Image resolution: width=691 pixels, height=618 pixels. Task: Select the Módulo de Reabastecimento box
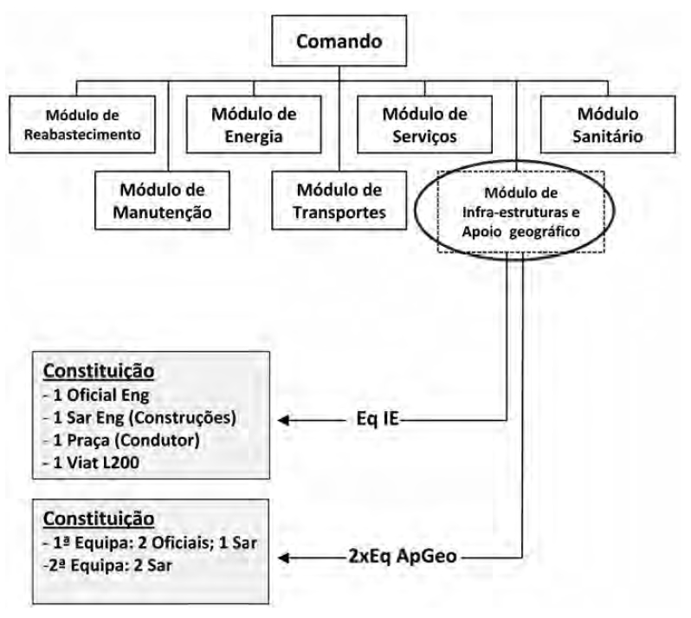pos(83,123)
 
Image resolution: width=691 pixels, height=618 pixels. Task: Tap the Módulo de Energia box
pos(255,123)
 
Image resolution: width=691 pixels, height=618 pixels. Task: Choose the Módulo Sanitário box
pos(604,123)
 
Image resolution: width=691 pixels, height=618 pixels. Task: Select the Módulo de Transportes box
pos(339,198)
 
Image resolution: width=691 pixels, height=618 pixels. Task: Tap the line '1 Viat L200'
pos(98,464)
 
